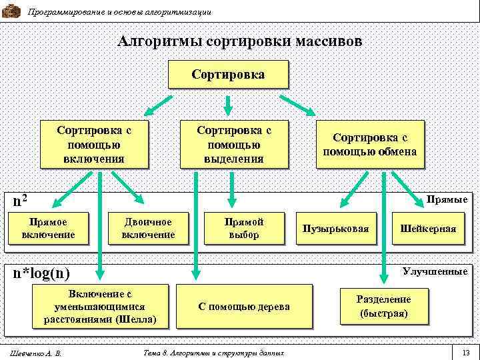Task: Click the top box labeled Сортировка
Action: point(227,74)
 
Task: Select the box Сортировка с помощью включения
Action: point(93,143)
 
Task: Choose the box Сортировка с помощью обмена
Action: point(369,144)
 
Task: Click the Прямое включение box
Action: point(48,229)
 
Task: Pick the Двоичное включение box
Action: point(148,229)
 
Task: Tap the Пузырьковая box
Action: point(335,229)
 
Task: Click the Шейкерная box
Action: point(428,229)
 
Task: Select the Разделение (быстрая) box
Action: point(383,306)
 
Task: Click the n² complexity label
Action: point(21,199)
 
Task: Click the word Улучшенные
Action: point(435,271)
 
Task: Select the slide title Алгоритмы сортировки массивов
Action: point(240,41)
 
